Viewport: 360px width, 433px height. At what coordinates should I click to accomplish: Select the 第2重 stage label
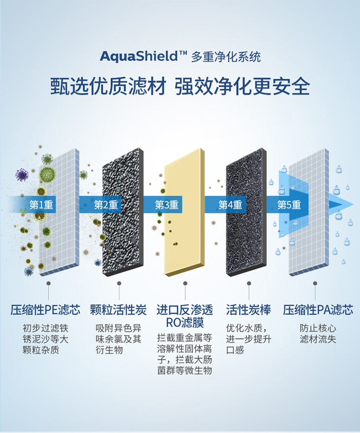click(106, 204)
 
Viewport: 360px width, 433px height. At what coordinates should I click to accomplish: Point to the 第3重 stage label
click(166, 204)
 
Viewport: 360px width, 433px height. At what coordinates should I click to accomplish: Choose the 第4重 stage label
click(230, 204)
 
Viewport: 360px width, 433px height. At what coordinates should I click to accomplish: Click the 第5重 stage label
click(289, 204)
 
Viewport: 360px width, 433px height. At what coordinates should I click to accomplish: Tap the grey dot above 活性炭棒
click(249, 284)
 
